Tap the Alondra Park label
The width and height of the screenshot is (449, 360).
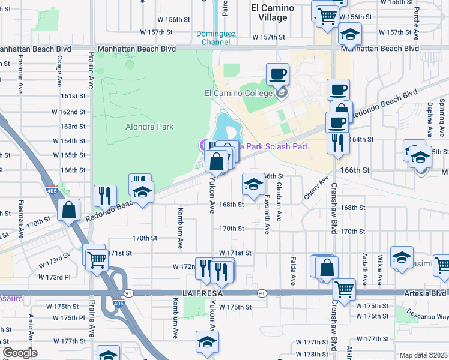tap(149, 127)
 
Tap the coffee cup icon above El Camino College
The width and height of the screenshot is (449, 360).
tap(277, 74)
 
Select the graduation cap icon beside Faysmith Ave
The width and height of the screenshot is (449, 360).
tap(253, 184)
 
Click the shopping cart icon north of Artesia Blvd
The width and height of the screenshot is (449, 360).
tap(344, 289)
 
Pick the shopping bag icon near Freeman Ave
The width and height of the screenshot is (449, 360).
tap(69, 210)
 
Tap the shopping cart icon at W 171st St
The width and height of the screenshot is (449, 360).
tap(95, 259)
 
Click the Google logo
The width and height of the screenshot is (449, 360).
tap(20, 353)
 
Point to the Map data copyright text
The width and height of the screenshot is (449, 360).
tap(423, 355)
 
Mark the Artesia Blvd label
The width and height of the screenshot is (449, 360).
tap(427, 293)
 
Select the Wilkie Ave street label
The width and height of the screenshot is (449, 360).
tap(380, 264)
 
